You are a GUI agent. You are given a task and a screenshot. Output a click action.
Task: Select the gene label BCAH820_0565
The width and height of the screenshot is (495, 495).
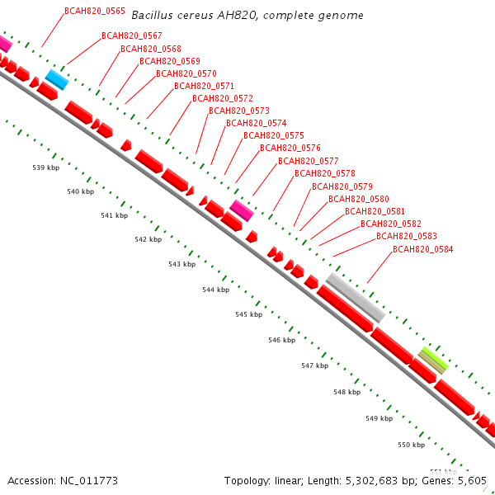95,12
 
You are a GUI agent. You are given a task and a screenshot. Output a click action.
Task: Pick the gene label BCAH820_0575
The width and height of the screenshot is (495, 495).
274,135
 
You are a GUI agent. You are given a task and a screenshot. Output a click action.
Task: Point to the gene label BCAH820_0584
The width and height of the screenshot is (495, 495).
422,249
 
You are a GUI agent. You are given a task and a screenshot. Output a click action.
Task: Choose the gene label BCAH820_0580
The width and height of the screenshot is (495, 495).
359,199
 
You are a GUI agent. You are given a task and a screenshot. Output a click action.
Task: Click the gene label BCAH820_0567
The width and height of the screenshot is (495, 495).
131,35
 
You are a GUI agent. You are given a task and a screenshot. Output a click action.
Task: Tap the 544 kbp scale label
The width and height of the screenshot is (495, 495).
215,290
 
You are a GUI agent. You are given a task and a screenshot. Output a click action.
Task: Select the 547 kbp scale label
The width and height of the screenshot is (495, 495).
314,365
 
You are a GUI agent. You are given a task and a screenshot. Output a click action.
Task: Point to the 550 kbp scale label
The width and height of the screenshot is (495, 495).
411,445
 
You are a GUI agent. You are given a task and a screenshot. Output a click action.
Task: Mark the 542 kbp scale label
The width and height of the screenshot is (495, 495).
148,239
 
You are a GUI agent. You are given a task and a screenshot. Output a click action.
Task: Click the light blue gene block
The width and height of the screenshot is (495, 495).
56,79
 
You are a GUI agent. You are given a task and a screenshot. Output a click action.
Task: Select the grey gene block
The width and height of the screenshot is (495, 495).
355,298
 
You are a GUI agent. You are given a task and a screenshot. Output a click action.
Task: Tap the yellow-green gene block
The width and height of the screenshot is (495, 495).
432,360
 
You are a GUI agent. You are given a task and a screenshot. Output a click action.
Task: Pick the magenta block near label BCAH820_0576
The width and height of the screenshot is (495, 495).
241,210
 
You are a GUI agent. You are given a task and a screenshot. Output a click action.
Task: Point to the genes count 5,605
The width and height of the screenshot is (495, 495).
471,480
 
